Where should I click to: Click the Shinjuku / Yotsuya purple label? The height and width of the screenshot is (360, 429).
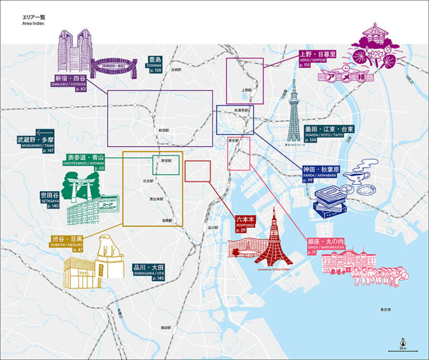coord(70,81)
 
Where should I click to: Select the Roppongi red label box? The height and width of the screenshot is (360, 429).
coord(245,224)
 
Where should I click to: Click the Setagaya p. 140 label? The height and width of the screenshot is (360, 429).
coord(49,200)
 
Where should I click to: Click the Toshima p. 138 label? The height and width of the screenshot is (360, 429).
coord(155,64)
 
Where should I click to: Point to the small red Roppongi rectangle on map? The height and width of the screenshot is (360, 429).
coord(197,171)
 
